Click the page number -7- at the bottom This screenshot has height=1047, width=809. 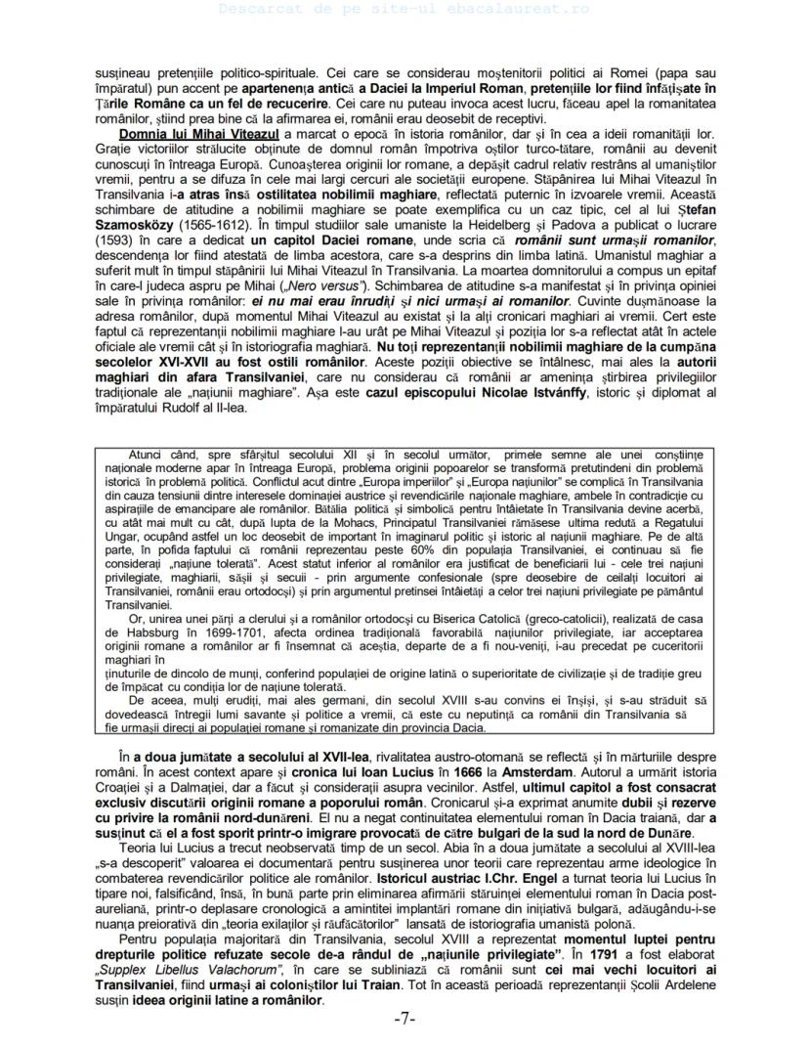click(404, 1019)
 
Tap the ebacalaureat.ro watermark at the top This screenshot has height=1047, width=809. click(404, 8)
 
